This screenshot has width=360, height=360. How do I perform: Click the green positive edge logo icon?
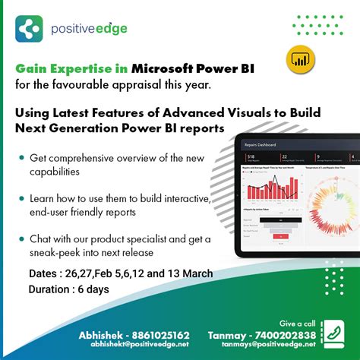point(30,29)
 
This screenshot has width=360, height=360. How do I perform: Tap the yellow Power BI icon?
point(300,59)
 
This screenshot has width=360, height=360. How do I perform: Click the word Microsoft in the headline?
point(166,68)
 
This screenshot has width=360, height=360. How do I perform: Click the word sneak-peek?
point(62,252)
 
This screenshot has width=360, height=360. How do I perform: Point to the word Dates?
point(44,272)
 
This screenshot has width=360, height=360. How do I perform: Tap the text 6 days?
point(97,289)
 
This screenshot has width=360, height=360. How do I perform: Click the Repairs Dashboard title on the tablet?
point(261,144)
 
